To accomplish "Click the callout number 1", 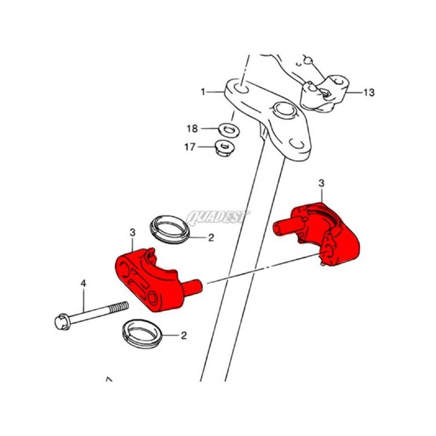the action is [x=203, y=92].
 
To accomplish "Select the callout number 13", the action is [x=369, y=92].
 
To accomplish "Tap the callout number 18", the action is [x=192, y=129].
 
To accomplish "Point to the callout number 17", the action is [x=190, y=147].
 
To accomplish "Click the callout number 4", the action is [x=83, y=283].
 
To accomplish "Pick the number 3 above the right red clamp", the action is [x=322, y=183].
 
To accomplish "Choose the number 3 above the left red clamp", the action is [x=132, y=233].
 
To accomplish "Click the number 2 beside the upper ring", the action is [x=211, y=238].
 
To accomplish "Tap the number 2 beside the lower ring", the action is [x=184, y=336].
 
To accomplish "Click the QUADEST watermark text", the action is [x=217, y=217].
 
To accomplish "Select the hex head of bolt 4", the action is [x=62, y=322].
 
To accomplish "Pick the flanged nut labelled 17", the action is [x=225, y=148].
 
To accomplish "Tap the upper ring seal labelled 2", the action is [x=169, y=229].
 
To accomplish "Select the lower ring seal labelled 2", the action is [x=142, y=334].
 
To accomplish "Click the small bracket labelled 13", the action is [x=325, y=93].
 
